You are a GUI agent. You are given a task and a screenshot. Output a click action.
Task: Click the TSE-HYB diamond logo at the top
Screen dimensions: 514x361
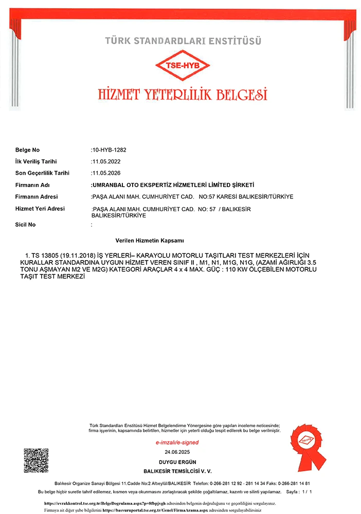[183, 65]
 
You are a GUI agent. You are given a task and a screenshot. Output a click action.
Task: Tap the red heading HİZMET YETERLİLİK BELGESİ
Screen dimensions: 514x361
[183, 94]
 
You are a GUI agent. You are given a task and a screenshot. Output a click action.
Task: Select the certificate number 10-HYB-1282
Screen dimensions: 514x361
[109, 150]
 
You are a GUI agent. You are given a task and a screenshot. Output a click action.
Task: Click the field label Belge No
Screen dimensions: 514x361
[28, 150]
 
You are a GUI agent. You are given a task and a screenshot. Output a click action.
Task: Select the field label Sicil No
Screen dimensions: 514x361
[26, 225]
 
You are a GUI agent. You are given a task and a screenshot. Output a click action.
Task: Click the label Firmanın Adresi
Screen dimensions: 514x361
[37, 197]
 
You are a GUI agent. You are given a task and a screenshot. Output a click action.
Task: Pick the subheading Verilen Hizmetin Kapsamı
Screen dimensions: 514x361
[151, 240]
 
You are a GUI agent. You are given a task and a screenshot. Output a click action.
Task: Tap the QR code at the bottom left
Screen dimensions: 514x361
[36, 461]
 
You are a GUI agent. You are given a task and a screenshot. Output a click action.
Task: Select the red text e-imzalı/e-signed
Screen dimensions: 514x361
[177, 443]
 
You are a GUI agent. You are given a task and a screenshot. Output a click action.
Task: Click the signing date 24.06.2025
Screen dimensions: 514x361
[177, 452]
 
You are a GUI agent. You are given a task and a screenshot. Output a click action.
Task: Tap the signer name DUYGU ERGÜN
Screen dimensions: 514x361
[177, 462]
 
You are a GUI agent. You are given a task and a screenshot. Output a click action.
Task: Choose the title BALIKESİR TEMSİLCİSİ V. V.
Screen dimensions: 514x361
[177, 471]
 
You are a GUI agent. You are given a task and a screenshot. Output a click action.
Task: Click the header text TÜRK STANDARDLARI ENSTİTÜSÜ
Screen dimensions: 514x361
[183, 40]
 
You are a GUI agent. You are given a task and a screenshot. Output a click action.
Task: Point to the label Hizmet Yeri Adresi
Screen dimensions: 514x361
[40, 209]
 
